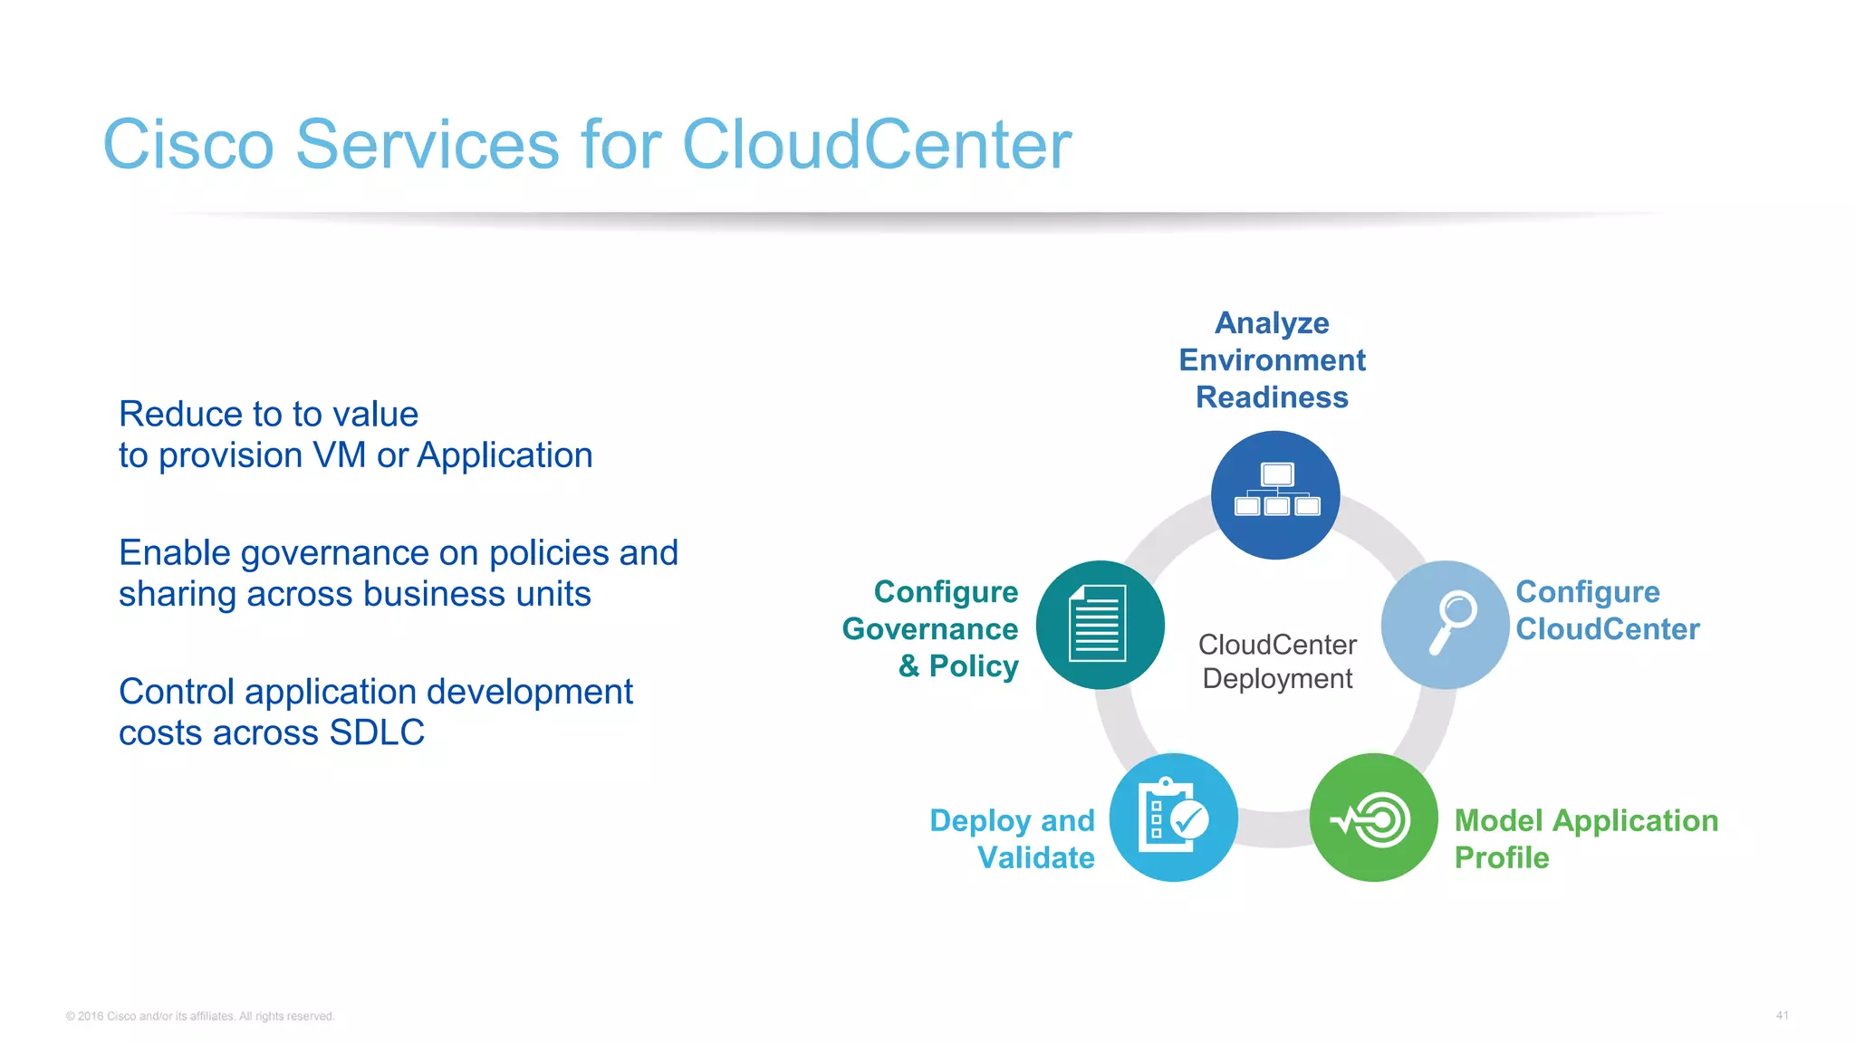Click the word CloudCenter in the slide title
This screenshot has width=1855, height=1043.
(876, 145)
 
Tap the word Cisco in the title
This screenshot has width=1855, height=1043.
(188, 145)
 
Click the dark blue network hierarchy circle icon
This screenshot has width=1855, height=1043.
(1275, 494)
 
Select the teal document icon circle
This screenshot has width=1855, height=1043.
(1100, 625)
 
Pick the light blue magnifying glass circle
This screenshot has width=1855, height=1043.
(1445, 625)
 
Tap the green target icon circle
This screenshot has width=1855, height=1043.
(1373, 817)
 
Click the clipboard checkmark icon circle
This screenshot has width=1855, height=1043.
(1174, 817)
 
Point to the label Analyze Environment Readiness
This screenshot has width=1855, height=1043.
(1272, 360)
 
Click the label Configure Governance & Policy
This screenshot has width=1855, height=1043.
(931, 628)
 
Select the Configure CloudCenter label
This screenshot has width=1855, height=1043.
(1607, 610)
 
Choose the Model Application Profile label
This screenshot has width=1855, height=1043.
(1585, 838)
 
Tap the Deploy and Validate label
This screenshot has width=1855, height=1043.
(1013, 838)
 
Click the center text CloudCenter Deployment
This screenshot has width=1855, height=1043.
(1277, 661)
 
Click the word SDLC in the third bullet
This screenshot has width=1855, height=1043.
(377, 732)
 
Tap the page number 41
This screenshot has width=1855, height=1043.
(1782, 1016)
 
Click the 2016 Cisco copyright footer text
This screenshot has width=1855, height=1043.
(200, 1016)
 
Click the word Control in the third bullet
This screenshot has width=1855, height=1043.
(177, 692)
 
